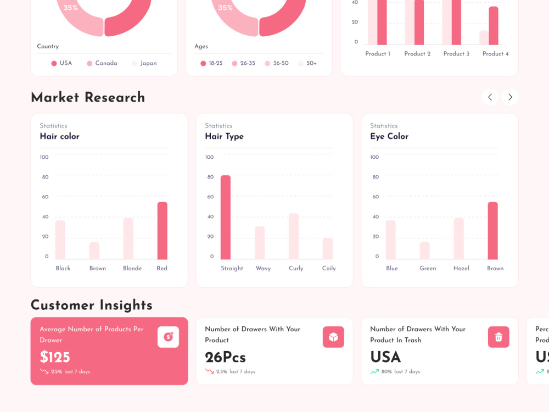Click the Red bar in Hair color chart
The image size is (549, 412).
[x=162, y=231]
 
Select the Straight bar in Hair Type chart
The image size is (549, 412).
[x=226, y=218]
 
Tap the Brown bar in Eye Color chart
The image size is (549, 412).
[x=492, y=231]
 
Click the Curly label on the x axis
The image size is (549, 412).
[x=296, y=269]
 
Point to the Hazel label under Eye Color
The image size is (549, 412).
[x=461, y=269]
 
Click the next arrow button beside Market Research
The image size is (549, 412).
[x=510, y=97]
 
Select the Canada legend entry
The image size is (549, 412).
[x=102, y=64]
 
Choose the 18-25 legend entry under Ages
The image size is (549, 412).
[x=211, y=64]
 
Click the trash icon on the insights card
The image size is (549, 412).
[x=498, y=337]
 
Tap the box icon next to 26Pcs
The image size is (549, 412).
[x=333, y=337]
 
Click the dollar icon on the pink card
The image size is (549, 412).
[x=169, y=337]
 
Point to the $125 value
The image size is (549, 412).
[x=55, y=357]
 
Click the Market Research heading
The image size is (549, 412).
[x=88, y=97]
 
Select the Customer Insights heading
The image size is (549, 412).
[x=92, y=305]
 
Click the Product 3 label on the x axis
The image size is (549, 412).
[x=456, y=54]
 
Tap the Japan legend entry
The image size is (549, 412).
[x=144, y=64]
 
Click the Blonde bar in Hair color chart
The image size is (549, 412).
[x=128, y=239]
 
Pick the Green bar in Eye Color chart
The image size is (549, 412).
[x=425, y=251]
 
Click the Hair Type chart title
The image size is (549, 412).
[x=224, y=136]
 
